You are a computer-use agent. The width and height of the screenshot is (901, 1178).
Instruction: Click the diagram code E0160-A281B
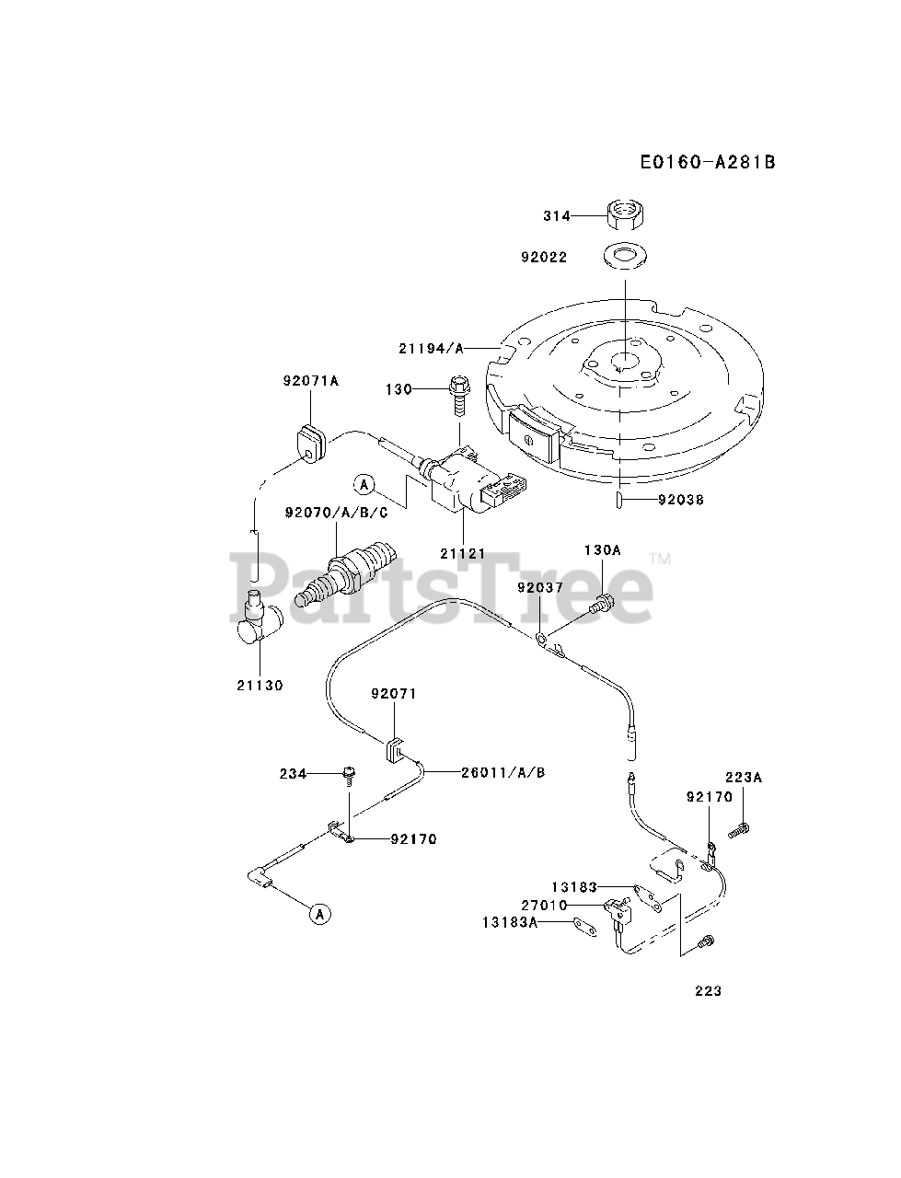click(x=708, y=162)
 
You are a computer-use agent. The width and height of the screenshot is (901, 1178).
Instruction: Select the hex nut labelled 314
click(x=625, y=215)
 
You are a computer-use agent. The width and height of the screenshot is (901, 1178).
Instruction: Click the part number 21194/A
click(x=431, y=348)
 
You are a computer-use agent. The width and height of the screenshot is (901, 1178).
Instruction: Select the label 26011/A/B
click(x=502, y=772)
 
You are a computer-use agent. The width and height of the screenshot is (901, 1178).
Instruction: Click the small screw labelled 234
click(x=349, y=776)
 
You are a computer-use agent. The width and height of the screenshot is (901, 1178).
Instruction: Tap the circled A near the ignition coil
click(x=364, y=483)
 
